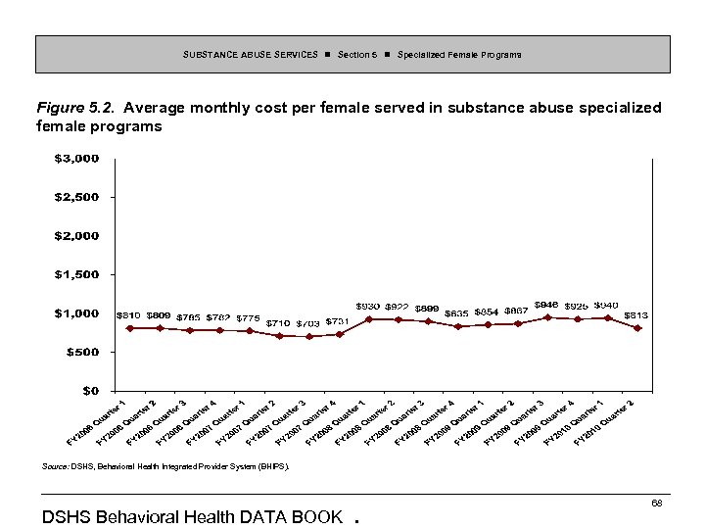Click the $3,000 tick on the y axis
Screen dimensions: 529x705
coord(76,158)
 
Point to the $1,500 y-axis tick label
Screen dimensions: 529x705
coord(76,274)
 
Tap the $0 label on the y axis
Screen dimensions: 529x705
coord(89,390)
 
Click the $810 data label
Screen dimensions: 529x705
coord(128,315)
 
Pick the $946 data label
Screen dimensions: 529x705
coord(546,305)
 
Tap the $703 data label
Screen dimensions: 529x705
coord(307,323)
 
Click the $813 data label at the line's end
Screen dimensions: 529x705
coord(635,314)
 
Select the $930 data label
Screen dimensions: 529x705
coord(368,307)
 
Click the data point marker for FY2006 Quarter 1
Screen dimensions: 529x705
coord(130,328)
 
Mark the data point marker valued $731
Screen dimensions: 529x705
coord(339,334)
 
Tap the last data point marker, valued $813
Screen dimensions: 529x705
coord(637,328)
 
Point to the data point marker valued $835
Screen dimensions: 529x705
coord(458,326)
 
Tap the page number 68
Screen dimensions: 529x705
coord(657,503)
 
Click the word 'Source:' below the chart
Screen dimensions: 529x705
coord(54,468)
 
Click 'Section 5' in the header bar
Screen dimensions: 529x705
coord(357,55)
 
